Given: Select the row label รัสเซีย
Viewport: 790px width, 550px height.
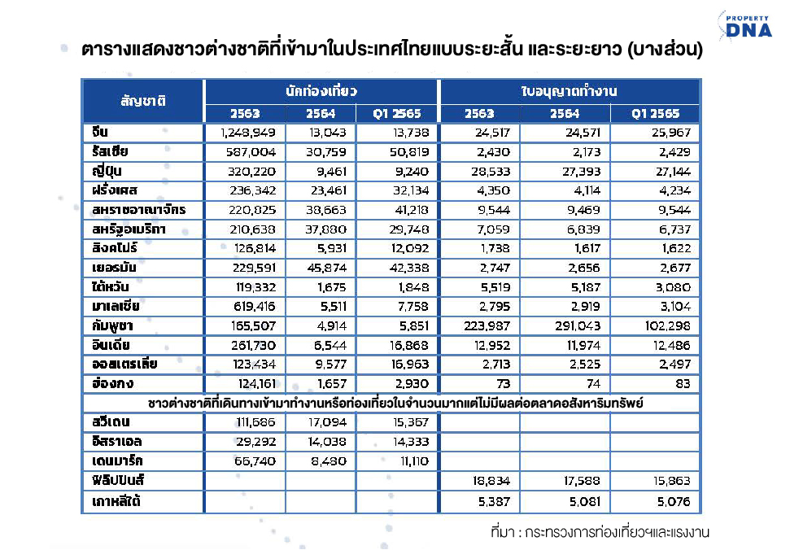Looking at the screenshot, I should [x=111, y=151].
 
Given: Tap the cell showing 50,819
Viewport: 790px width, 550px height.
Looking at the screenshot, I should [x=406, y=151].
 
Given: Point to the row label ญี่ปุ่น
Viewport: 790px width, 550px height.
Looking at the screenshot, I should [x=107, y=171].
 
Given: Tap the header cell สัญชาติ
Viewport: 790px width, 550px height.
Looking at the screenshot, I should [x=143, y=101].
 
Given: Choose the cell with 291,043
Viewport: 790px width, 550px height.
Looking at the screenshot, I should [x=577, y=325].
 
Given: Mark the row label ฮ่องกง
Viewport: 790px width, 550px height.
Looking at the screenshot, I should [x=111, y=383].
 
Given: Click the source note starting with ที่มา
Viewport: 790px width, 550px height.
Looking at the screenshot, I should [x=601, y=533].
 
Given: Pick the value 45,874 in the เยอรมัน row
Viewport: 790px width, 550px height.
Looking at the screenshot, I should [x=331, y=268].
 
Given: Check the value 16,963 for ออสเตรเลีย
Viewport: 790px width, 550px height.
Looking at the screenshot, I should [x=406, y=364].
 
